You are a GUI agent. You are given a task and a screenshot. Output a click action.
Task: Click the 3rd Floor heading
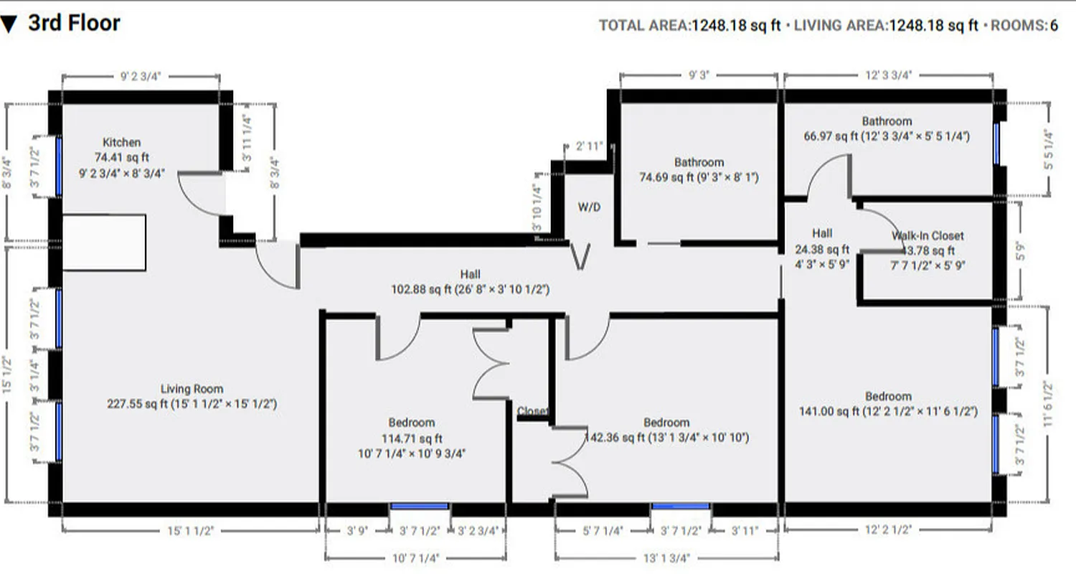[74, 24]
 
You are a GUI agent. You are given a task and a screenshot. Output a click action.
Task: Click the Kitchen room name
[121, 142]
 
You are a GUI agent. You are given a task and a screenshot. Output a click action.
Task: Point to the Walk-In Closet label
[928, 235]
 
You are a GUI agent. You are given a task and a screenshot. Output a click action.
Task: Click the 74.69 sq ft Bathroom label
[699, 163]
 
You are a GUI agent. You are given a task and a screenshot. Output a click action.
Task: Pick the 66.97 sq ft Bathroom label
[887, 121]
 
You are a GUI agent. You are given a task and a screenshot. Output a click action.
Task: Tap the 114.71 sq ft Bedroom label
[411, 423]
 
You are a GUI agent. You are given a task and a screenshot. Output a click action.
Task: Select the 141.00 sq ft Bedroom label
[888, 396]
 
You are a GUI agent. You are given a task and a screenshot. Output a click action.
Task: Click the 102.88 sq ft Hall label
[471, 274]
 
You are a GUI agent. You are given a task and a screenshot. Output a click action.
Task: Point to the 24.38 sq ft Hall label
[822, 233]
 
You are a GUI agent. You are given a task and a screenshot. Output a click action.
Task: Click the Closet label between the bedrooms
[532, 411]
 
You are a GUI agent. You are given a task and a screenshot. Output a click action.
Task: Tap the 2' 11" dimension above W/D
[590, 147]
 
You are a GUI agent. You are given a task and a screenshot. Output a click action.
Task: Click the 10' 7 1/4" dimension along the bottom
[415, 557]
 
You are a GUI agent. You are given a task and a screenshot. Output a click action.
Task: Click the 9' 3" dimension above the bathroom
[698, 74]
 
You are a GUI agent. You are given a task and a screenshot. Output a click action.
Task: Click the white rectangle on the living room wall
[104, 243]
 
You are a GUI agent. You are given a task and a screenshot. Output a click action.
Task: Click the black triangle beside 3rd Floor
[9, 25]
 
